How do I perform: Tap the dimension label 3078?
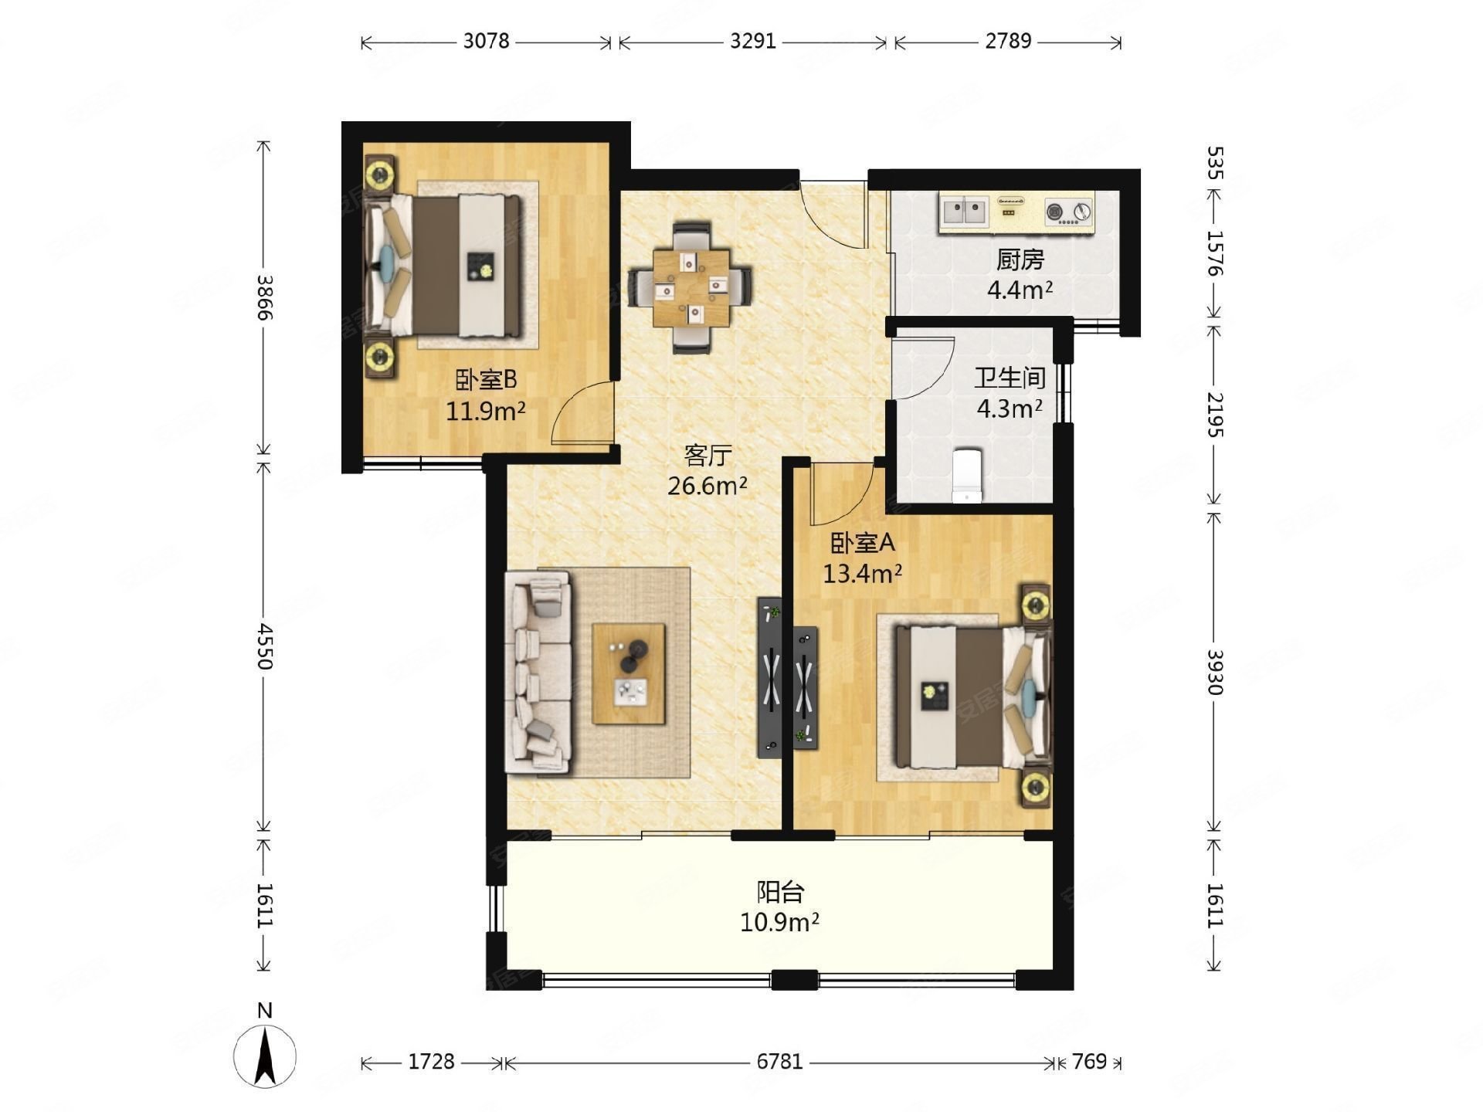coord(487,41)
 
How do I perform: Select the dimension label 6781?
coord(779,1062)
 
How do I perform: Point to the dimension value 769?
coord(1089,1062)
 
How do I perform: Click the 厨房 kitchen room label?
coord(1020,260)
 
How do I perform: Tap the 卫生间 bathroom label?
coord(1010,378)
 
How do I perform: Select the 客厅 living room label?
coord(707,456)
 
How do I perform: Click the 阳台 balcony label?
coord(780,892)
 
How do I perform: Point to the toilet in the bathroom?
coord(966,476)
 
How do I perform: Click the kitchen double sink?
coord(965,210)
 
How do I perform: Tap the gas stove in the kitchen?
coord(1069,212)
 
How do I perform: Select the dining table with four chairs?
coord(691,287)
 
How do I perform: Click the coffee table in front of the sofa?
coord(629,674)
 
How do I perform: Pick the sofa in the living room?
coord(538,672)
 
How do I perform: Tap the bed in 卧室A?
coord(973,697)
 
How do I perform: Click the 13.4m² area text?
coord(863,574)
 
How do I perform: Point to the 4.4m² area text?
coord(1020,290)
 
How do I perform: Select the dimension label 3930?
coord(1214,672)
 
